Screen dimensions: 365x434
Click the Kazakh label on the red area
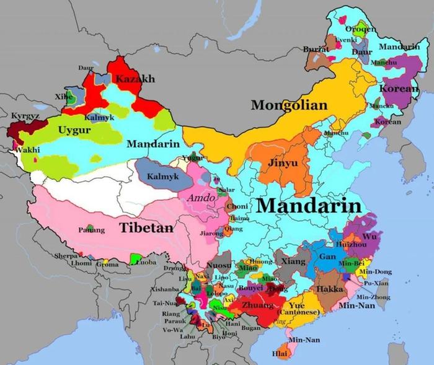point(135,79)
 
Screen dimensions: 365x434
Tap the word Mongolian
point(288,105)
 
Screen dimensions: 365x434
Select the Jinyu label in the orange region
point(282,164)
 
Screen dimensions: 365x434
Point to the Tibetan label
point(146,227)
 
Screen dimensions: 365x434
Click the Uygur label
point(71,130)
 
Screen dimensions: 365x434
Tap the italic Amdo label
point(197,198)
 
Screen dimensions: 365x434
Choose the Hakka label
point(329,289)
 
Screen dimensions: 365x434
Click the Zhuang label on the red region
point(257,305)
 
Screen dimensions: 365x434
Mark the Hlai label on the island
point(280,354)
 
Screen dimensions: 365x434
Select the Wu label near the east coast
point(369,236)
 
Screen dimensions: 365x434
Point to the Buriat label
point(315,49)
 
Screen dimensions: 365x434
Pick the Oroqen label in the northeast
point(360,30)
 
